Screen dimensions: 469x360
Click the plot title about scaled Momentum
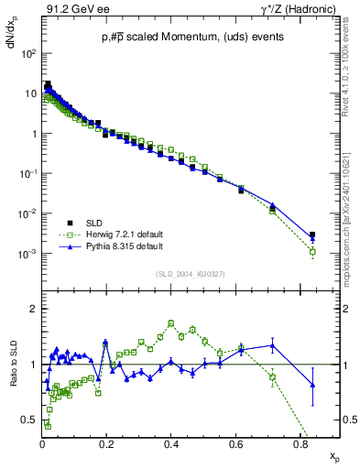[185, 37]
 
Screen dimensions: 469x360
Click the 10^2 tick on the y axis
[28, 53]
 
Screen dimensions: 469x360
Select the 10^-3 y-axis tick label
[28, 254]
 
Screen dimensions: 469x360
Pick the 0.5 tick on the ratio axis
[29, 420]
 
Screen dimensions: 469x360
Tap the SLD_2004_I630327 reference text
[185, 274]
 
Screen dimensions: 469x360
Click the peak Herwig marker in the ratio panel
[171, 322]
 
